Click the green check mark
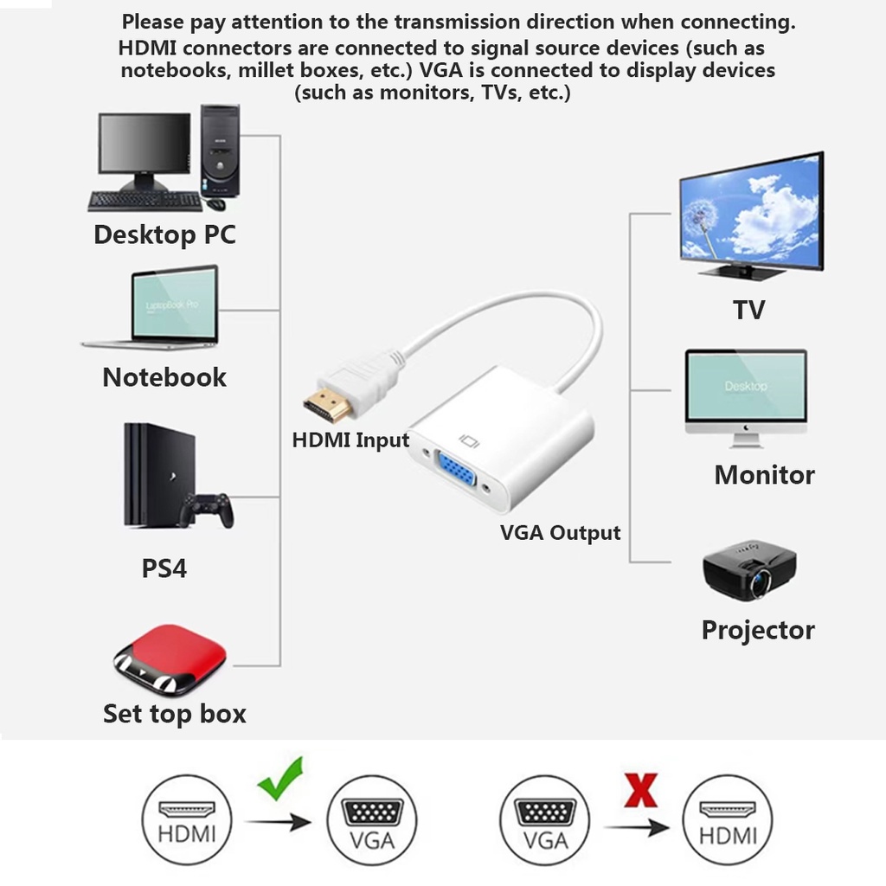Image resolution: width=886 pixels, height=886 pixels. (x=281, y=776)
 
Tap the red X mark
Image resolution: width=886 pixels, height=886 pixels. (x=640, y=789)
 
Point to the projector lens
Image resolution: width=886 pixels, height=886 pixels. (x=761, y=581)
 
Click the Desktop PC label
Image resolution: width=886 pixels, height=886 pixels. (x=164, y=234)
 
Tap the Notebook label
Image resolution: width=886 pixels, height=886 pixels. (x=164, y=377)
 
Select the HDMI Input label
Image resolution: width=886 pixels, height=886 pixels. (x=350, y=440)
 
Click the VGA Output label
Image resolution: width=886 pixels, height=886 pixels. (x=561, y=533)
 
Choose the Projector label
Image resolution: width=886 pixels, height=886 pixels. (x=758, y=630)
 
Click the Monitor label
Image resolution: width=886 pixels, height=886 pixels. (x=764, y=475)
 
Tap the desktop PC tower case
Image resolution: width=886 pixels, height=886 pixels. (x=220, y=151)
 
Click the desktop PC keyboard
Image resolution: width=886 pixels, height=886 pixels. (x=144, y=201)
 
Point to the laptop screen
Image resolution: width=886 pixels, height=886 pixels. (x=174, y=304)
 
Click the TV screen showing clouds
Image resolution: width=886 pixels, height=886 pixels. (x=750, y=214)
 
